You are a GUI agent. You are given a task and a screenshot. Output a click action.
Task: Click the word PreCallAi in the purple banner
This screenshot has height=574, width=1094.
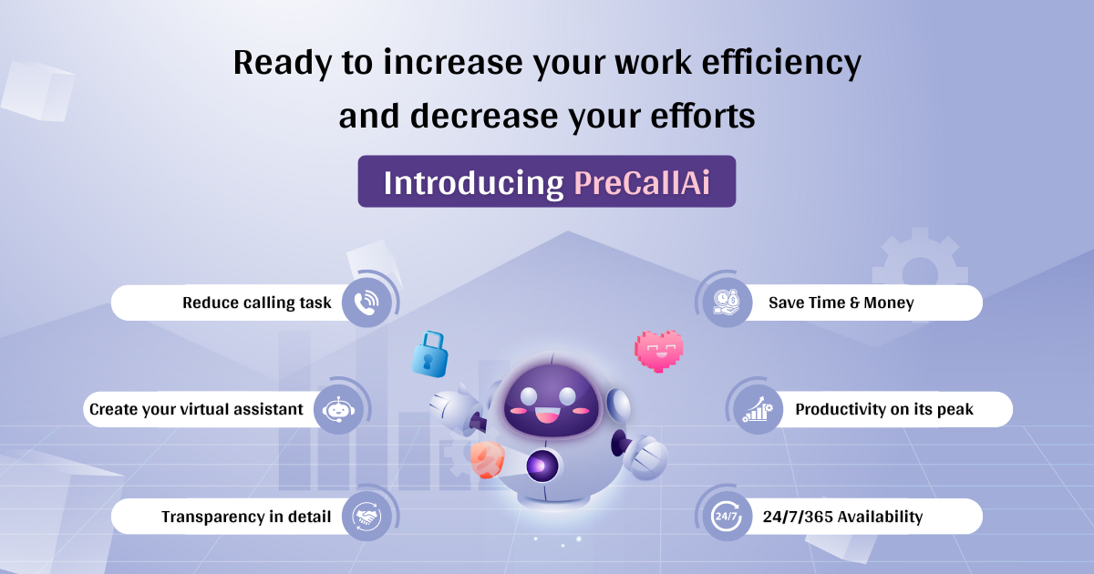(x=641, y=182)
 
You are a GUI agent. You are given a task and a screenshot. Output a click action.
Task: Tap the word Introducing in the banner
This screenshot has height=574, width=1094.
(x=473, y=182)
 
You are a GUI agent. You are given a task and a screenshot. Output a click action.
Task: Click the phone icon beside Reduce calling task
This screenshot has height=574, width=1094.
(x=366, y=302)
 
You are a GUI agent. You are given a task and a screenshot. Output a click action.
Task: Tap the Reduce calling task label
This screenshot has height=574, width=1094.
(x=257, y=302)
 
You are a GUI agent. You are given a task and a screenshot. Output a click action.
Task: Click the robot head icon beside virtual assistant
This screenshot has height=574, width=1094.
(x=338, y=409)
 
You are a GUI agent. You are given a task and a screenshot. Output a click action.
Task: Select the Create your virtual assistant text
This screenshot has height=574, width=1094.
(x=196, y=409)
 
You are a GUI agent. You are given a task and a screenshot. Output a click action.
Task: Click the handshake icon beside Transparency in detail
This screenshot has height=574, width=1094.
(x=366, y=517)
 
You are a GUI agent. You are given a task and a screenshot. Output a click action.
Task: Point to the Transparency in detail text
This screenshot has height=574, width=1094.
(x=246, y=517)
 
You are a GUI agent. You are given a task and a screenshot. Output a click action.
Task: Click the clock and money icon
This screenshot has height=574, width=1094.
(x=727, y=302)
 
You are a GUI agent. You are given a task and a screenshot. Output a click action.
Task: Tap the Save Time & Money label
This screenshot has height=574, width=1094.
(x=841, y=302)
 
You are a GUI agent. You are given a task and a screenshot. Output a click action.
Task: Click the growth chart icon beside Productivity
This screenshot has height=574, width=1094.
(x=758, y=409)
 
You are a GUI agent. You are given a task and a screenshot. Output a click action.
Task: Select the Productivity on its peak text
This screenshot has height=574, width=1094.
(x=884, y=409)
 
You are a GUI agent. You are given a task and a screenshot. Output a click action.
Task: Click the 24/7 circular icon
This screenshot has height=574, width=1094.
(x=727, y=517)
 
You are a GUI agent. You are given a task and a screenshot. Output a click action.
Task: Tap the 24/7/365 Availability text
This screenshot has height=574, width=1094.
(x=842, y=517)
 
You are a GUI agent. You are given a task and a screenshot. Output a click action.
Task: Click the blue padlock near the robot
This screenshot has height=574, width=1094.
(x=428, y=354)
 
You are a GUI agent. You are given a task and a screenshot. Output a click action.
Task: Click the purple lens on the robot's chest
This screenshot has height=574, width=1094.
(x=540, y=466)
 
